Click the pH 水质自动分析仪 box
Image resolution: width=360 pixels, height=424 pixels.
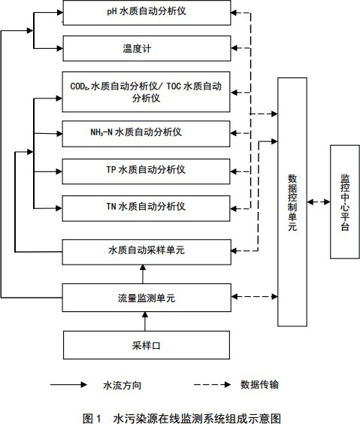coord(146,13)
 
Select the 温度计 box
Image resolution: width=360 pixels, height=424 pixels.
coord(146,48)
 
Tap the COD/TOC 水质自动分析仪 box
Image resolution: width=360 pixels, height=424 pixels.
coord(146,92)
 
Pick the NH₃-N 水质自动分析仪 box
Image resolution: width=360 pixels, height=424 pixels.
coord(146,133)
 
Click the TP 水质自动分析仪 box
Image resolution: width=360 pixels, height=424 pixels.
coord(146,171)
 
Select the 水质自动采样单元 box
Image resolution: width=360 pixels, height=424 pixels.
coord(146,249)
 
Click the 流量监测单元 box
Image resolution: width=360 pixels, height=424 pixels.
coord(146,298)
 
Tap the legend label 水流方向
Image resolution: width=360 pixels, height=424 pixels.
coord(122,385)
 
